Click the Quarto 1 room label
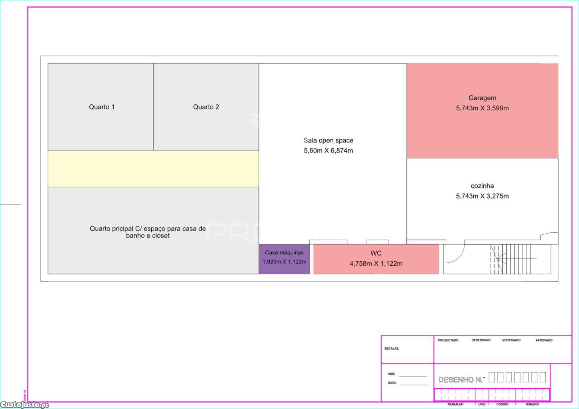click(x=102, y=107)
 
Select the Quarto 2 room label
click(x=206, y=107)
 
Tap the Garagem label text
click(x=482, y=98)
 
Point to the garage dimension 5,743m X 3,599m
click(x=482, y=108)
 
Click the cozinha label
click(x=482, y=186)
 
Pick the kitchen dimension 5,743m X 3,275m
click(x=482, y=196)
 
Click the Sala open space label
click(x=328, y=141)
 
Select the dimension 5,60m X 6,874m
click(x=328, y=151)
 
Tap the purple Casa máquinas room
click(x=284, y=259)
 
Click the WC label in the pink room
click(x=376, y=253)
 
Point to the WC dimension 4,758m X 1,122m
click(x=376, y=264)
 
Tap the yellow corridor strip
click(x=153, y=169)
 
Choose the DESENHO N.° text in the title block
click(x=461, y=380)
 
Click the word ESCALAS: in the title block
click(x=392, y=349)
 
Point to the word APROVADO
click(x=544, y=340)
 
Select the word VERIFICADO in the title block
click(x=511, y=340)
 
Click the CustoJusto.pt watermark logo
click(x=25, y=405)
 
